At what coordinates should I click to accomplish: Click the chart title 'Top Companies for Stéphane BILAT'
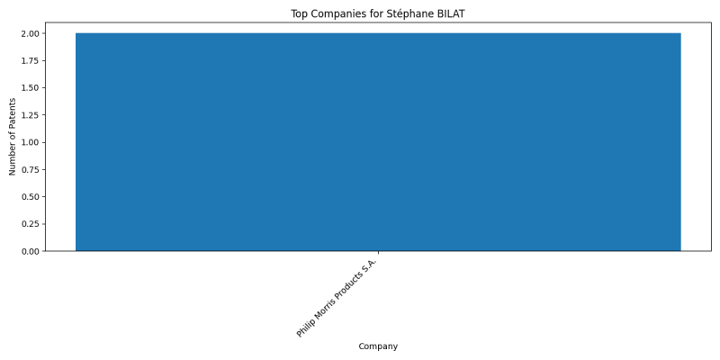tap(377, 13)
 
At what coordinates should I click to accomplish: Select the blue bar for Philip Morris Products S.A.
tap(378, 142)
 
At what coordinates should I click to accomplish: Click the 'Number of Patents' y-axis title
tap(13, 137)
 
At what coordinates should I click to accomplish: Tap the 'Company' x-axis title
tap(378, 346)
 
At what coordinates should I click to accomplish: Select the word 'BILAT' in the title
tap(452, 13)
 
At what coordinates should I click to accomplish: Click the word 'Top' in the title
tap(299, 14)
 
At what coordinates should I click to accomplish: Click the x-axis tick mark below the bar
tap(378, 253)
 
